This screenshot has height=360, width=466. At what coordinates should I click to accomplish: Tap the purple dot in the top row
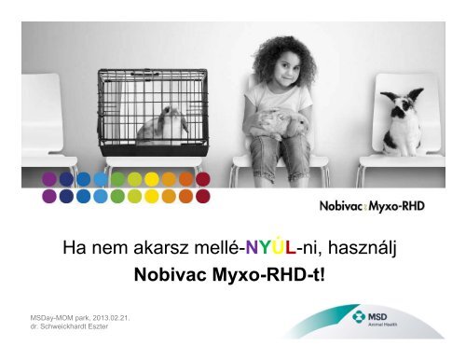pyautogui.click(x=48, y=178)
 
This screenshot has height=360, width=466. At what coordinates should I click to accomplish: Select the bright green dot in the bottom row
pyautogui.click(x=116, y=196)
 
